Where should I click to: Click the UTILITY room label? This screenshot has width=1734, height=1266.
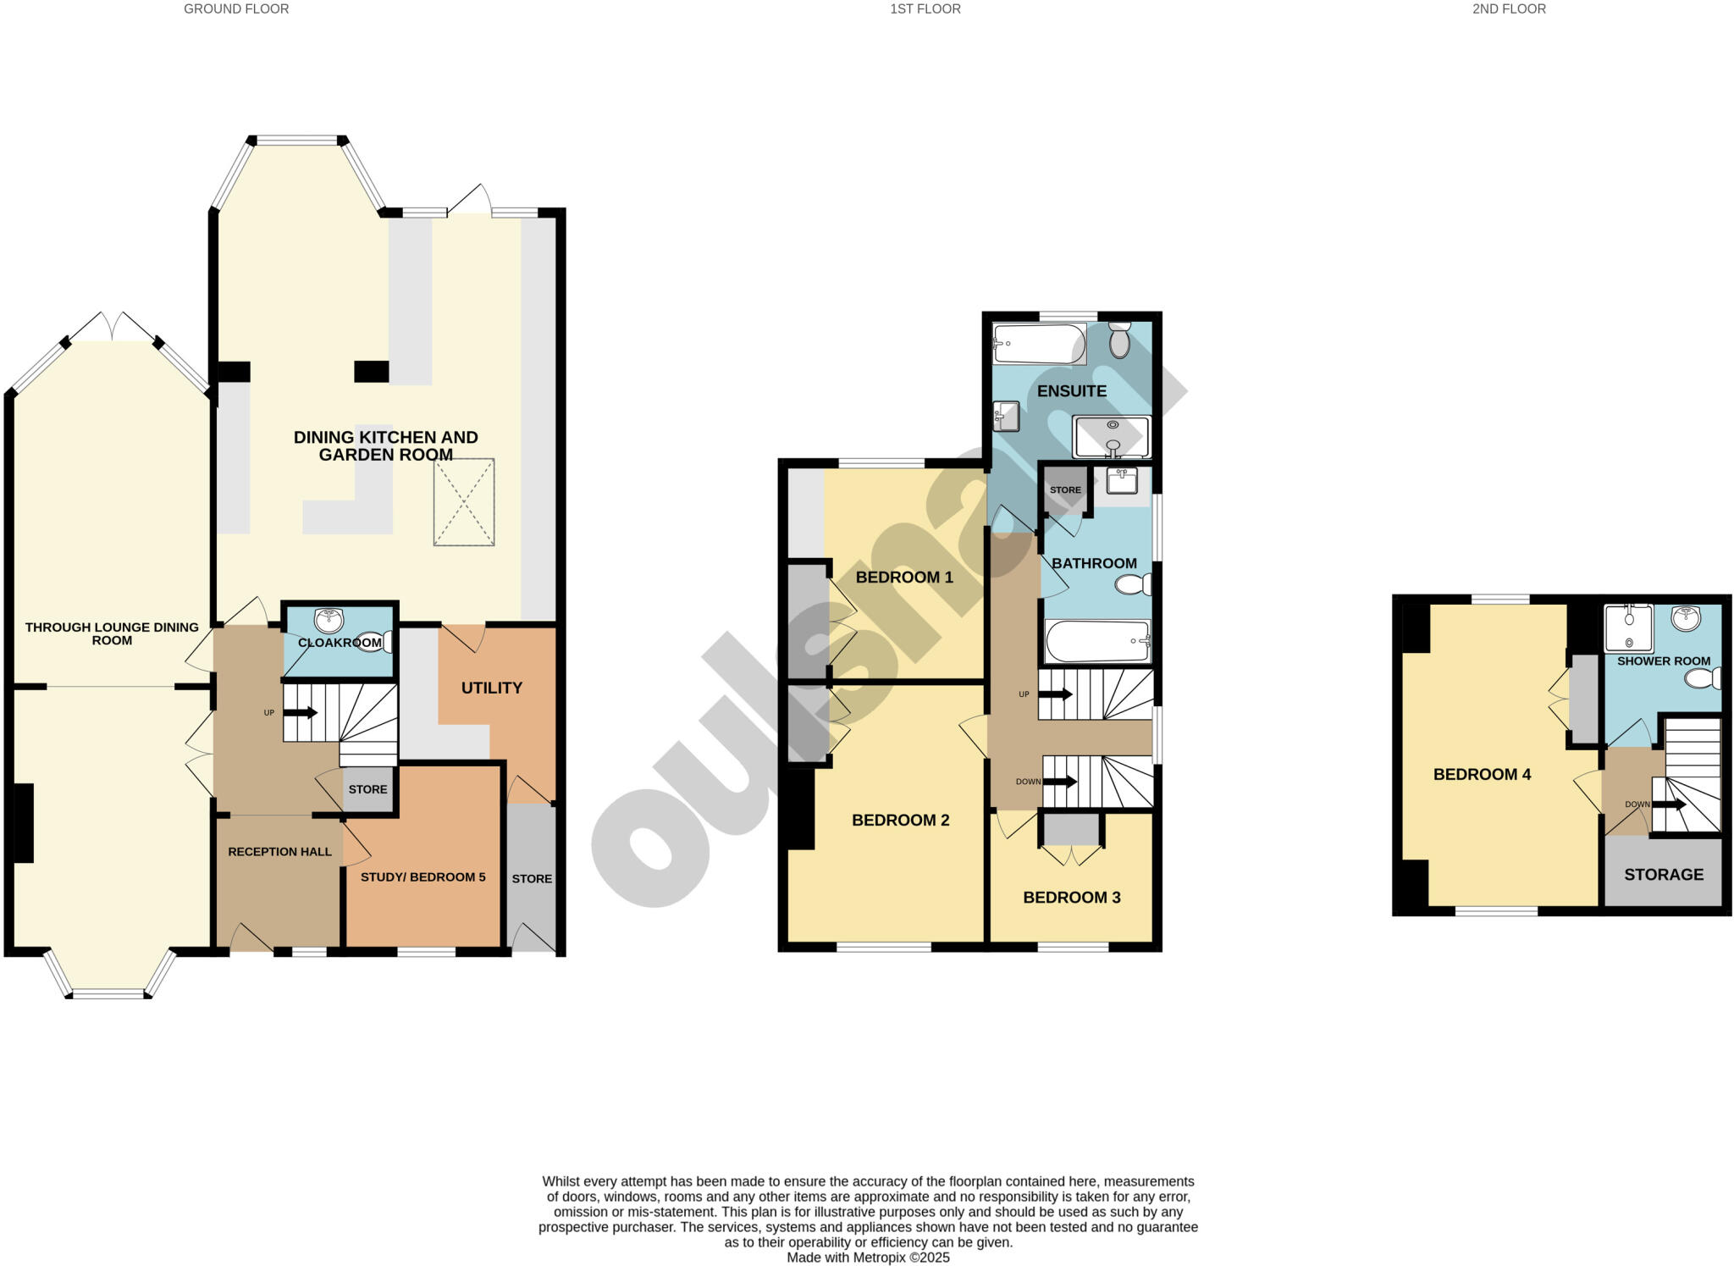click(x=491, y=688)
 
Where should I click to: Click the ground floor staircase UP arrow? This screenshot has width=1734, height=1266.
click(x=300, y=713)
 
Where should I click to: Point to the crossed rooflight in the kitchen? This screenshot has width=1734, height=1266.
click(x=464, y=502)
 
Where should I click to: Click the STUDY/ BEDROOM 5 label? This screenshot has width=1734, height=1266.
click(x=422, y=876)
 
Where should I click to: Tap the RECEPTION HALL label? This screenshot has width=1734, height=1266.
click(x=279, y=851)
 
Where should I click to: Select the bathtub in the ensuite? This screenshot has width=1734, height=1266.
click(x=1039, y=344)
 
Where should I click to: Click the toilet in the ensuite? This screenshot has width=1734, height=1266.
click(x=1119, y=340)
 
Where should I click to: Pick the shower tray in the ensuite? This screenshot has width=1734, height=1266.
click(x=1112, y=436)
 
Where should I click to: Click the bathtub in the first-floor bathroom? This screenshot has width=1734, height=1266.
click(x=1097, y=641)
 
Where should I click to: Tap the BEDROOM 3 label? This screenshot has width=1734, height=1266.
click(x=1071, y=897)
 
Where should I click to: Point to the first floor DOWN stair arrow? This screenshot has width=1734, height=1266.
click(x=1060, y=782)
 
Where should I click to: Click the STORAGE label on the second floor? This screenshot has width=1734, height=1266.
click(x=1663, y=875)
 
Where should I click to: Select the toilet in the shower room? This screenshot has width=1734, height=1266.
click(x=1702, y=678)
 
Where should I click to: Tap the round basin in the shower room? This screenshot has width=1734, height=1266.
click(x=1686, y=618)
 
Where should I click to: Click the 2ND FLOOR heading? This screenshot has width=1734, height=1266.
click(x=1509, y=9)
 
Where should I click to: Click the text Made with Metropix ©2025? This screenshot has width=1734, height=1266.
click(x=868, y=1258)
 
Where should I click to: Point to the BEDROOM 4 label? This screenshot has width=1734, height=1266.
click(x=1482, y=774)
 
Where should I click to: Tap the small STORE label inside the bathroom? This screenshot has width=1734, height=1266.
click(x=1065, y=490)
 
